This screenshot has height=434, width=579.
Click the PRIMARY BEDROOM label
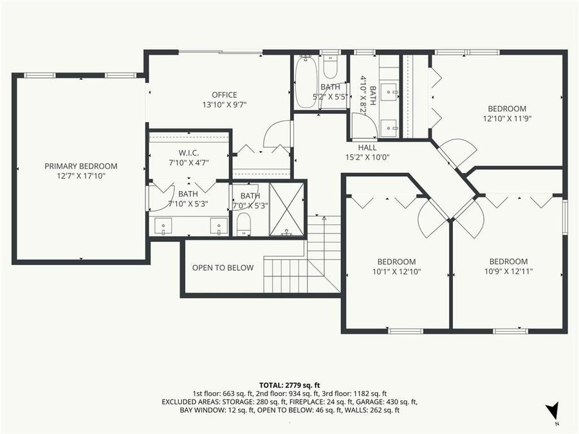coord(80,166)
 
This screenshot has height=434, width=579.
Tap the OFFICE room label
coord(224,95)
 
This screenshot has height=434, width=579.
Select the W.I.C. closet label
coord(188,153)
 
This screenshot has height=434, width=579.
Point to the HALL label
coord(367,147)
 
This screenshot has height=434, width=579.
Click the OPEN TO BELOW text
coord(223,267)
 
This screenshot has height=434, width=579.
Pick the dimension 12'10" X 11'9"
coord(507,118)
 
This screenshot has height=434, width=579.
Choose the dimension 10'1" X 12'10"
coord(396,271)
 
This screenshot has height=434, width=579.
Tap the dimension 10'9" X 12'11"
coord(508,271)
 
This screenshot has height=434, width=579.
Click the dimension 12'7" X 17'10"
coord(80,176)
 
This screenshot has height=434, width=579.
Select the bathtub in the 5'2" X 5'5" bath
coord(306,83)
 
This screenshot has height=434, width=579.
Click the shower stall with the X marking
coord(286,210)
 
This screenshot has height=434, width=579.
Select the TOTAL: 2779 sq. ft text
coord(289,384)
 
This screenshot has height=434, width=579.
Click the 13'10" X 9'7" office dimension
coord(224,104)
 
